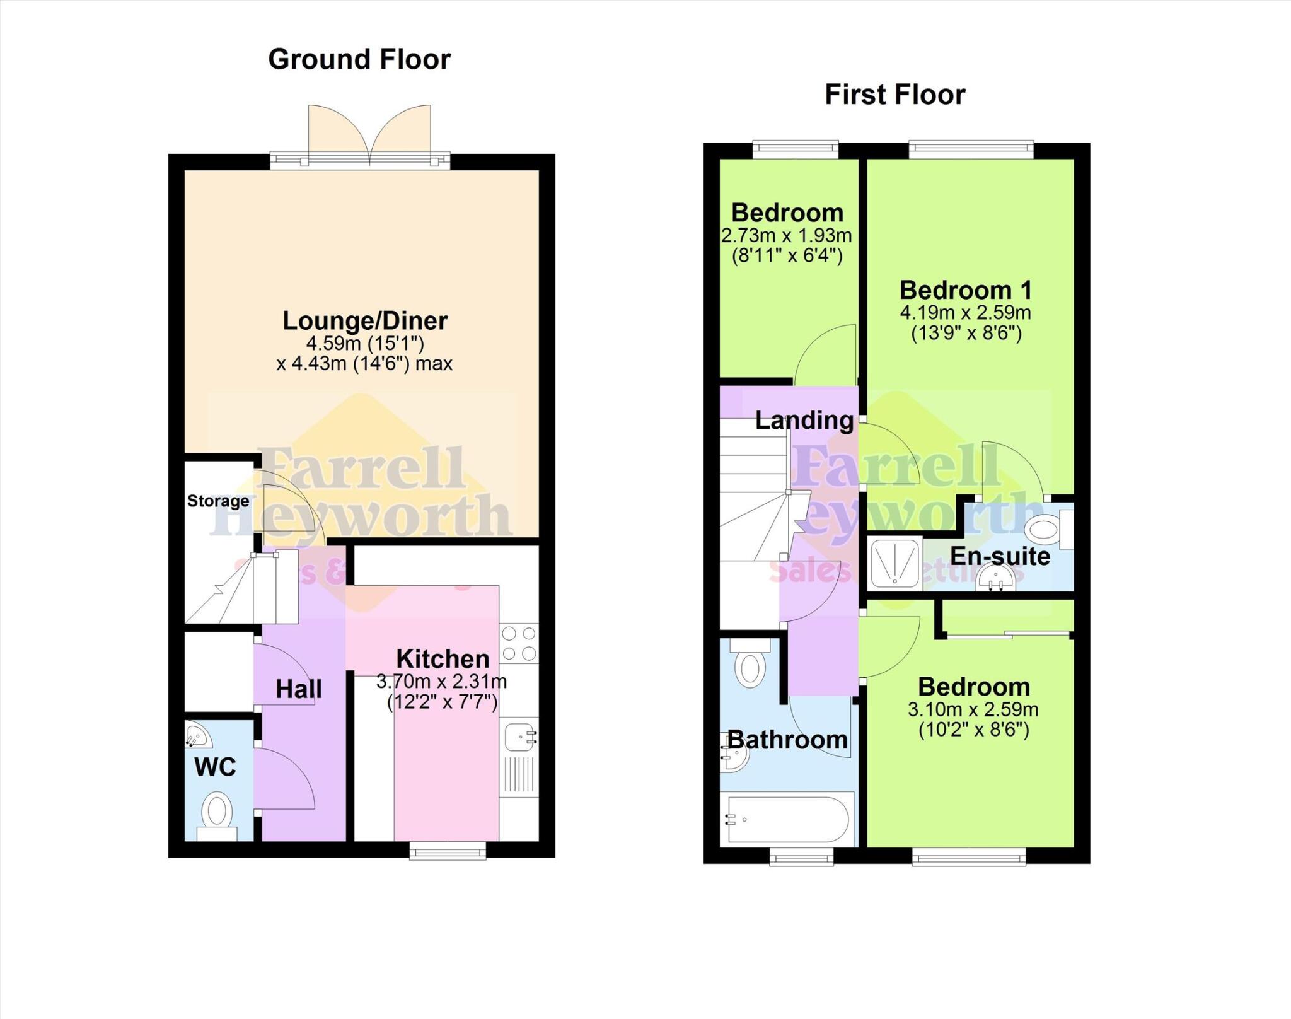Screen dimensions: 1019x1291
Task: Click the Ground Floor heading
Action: (359, 60)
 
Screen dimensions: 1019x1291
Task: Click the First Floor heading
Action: (894, 95)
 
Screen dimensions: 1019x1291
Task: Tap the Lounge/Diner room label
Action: (364, 321)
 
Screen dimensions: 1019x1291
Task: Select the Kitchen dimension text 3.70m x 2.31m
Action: (441, 682)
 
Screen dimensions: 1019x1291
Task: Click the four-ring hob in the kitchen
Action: (519, 643)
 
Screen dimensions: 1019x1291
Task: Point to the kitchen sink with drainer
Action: (519, 760)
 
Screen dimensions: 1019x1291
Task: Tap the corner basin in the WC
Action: (197, 735)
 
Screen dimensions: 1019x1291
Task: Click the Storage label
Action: (218, 501)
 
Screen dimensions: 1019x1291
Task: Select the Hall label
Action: (298, 690)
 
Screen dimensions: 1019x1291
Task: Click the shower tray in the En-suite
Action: (894, 563)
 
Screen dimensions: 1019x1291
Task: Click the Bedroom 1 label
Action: (966, 291)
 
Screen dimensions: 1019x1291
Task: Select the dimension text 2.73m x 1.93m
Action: (786, 236)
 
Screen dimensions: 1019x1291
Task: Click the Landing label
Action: (804, 421)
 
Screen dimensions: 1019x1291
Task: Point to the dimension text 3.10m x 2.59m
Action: (973, 710)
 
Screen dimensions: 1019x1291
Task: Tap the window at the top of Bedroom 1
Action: (971, 149)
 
